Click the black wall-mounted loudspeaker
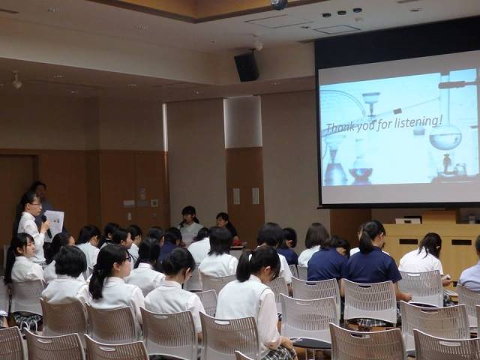(x=247, y=66)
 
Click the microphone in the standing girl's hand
(x=46, y=226)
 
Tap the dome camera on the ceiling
(x=279, y=4)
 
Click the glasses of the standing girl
(x=35, y=204)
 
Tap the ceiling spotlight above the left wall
(x=16, y=81)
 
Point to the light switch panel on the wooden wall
(x=154, y=203)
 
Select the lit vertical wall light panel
(x=243, y=121)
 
